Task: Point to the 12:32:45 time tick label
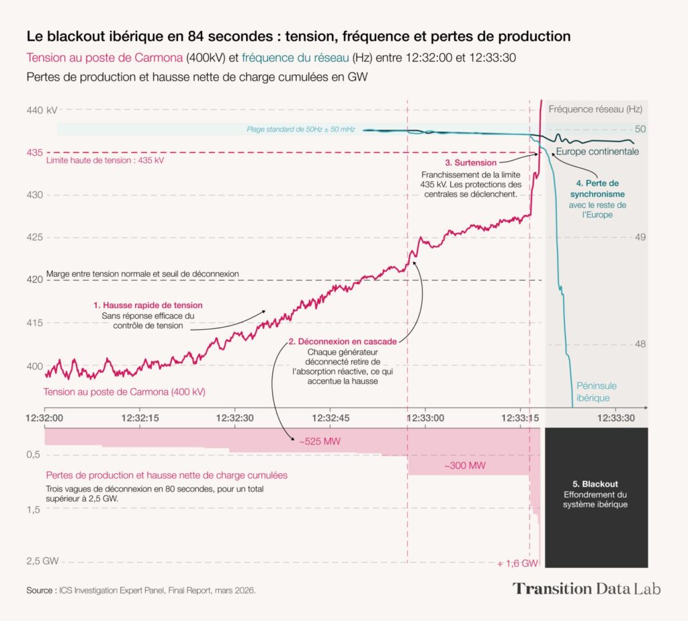pos(329,418)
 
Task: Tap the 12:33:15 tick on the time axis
pos(521,418)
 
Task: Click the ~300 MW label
pos(465,465)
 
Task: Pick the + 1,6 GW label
pos(517,563)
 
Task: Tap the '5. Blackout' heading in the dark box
pos(596,483)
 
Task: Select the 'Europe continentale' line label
pos(597,152)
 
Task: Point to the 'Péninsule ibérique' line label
pos(596,391)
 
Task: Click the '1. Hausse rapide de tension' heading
pos(148,305)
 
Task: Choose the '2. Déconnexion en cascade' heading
pos(342,341)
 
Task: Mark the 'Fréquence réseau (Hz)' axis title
pos(595,109)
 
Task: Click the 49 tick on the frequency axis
pos(640,237)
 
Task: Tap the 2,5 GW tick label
pos(42,561)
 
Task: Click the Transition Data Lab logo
pos(587,589)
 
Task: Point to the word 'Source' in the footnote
pos(40,591)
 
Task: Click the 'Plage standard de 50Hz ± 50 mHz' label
pos(300,129)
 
